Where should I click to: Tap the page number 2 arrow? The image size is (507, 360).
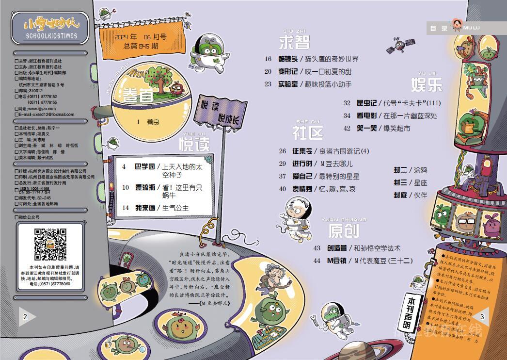(26, 316)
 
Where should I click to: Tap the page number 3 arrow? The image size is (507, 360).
(480, 317)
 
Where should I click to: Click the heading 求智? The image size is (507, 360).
(294, 42)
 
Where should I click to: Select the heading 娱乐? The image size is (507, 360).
(427, 84)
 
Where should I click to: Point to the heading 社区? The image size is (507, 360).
(307, 132)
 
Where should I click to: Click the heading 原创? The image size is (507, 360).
(343, 230)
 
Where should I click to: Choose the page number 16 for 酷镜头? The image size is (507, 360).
(268, 59)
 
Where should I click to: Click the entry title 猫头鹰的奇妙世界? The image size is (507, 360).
(332, 59)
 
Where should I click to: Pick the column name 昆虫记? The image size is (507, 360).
(366, 103)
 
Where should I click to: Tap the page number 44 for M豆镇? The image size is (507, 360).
(317, 261)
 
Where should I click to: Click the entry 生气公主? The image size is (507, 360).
(175, 208)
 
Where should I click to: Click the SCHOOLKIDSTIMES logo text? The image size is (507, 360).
(50, 36)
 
